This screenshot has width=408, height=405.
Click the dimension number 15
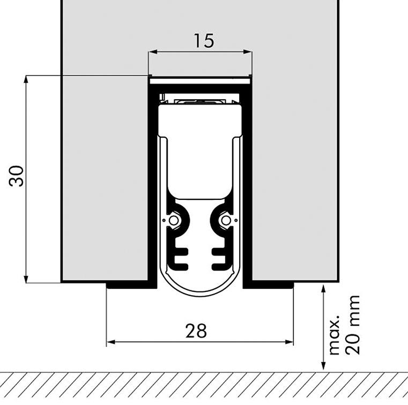[x=204, y=41]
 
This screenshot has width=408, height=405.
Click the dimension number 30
[x=17, y=176]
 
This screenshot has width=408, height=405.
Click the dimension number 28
[x=196, y=331]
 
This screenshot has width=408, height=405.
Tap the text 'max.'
[x=335, y=335]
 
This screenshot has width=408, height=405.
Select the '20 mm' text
[x=352, y=325]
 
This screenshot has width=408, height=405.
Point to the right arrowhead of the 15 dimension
[x=247, y=52]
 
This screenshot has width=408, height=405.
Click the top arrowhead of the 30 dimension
[x=26, y=79]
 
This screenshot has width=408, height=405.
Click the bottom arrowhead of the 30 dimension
[x=26, y=279]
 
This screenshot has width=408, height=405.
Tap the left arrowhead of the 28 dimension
[x=111, y=342]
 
